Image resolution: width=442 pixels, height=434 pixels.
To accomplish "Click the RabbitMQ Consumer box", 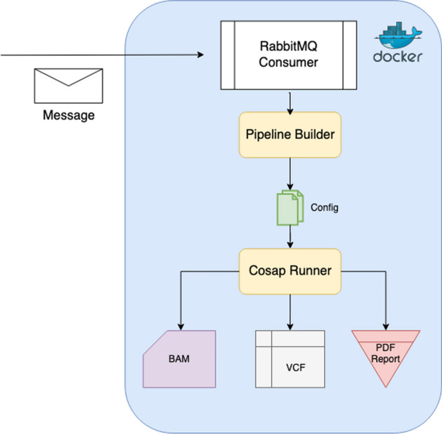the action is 289,55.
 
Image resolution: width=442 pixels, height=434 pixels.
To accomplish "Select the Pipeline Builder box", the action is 290,135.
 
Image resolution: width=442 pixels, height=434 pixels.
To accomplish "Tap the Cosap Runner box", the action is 290,271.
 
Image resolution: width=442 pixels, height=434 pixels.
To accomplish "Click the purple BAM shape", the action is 179,359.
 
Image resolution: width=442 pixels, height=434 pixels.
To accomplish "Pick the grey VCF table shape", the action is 290,359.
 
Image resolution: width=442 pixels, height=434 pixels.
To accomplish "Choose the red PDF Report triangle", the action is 386,355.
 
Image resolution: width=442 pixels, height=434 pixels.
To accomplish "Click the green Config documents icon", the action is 290,208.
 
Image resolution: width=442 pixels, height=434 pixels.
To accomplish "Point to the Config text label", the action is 325,208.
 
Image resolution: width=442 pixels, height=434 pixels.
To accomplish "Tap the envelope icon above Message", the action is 68,86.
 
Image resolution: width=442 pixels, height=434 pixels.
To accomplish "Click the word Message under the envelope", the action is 69,115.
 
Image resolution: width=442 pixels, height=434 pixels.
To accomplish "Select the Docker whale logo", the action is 398,35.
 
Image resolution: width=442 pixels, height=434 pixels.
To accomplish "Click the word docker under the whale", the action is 398,56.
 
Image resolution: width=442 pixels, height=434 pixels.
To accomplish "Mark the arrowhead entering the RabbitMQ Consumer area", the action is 200,55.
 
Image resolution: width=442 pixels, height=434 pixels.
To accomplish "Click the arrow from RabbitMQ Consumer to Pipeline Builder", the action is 290,103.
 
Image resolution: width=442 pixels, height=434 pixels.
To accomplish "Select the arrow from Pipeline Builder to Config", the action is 290,173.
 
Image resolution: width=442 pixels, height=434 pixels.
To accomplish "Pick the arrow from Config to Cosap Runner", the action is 290,237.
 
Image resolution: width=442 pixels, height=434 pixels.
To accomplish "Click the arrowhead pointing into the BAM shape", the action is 181,327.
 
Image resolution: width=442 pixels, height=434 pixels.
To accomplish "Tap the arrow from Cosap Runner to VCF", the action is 290,313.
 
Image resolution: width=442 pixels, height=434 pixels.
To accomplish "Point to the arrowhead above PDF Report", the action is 386,327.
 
